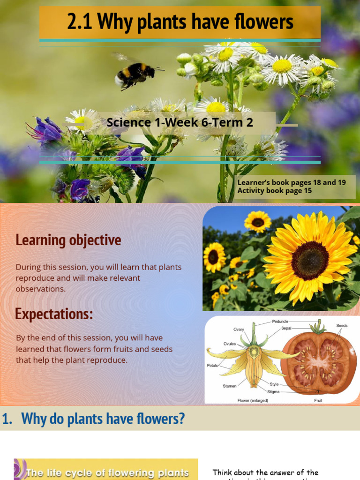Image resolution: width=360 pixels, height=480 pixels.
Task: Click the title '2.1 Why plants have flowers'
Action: [180, 22]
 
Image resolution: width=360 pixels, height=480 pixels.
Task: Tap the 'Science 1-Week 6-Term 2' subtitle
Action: [180, 123]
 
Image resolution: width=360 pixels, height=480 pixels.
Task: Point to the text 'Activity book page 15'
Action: [275, 191]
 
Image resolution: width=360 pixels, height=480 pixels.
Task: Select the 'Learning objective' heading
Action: [68, 240]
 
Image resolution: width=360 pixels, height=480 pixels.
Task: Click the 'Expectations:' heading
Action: [54, 314]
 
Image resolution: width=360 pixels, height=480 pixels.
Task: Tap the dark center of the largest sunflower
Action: [310, 260]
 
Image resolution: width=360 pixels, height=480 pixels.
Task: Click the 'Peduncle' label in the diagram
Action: [280, 322]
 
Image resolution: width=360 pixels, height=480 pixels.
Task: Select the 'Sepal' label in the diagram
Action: [286, 329]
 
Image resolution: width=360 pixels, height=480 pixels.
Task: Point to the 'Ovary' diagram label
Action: [239, 330]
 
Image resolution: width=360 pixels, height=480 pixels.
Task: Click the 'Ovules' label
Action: [230, 344]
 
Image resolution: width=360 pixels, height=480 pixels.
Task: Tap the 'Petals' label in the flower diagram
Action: [212, 366]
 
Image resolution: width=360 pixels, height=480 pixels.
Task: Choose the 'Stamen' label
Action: [229, 386]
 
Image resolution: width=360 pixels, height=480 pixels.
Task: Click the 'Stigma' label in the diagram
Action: [274, 391]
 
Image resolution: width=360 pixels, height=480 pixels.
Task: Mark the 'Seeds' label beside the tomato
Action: [342, 325]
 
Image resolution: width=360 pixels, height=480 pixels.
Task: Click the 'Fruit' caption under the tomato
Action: [318, 401]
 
